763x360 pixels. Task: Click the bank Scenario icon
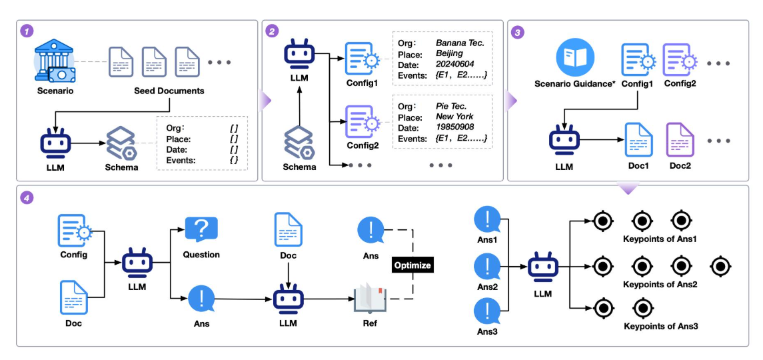[55, 61]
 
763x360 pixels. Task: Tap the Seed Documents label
[169, 90]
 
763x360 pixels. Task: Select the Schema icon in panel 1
[121, 143]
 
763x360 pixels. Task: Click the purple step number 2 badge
[272, 31]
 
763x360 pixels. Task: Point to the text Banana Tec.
[459, 43]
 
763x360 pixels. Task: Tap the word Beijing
[449, 53]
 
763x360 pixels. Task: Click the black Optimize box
[413, 265]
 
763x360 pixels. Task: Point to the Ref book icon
[369, 297]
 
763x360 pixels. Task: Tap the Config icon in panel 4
[73, 231]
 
